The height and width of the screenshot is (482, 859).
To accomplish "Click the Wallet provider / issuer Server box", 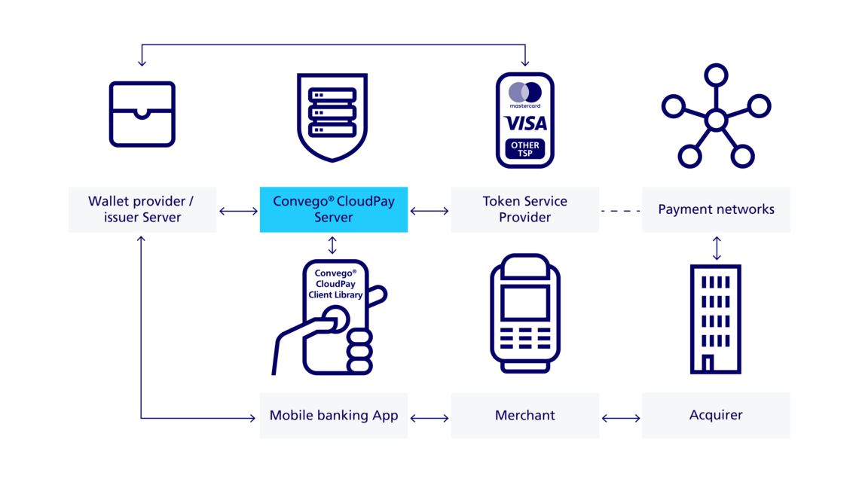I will [x=142, y=209].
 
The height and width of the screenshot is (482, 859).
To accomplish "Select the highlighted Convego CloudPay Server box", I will [x=334, y=209].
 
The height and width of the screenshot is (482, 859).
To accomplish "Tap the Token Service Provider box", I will [x=525, y=209].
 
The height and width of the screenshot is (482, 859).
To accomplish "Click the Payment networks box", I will [x=716, y=209].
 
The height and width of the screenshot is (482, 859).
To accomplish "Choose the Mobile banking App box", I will [x=334, y=415].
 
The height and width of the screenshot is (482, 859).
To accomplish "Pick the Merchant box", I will [x=525, y=415].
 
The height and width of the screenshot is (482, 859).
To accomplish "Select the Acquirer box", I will [x=716, y=415].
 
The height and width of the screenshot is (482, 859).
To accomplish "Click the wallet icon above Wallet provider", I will [x=142, y=114].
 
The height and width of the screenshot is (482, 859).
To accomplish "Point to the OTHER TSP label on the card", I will [x=525, y=149].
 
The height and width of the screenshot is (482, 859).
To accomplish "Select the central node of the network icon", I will [x=715, y=119].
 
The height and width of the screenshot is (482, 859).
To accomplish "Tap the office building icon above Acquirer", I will [x=716, y=319].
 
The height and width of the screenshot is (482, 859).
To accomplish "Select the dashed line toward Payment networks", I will [x=620, y=212].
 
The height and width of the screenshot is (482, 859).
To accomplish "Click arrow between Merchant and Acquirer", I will [x=620, y=416].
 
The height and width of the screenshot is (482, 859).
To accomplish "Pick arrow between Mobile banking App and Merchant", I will [x=429, y=416].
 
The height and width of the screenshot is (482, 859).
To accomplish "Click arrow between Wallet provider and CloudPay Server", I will [x=238, y=212].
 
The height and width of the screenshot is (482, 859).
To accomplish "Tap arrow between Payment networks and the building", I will [x=716, y=247].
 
